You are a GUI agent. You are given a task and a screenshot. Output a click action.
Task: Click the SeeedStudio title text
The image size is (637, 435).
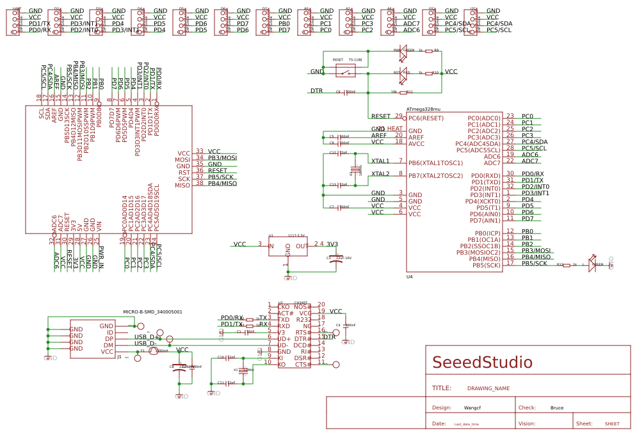[x=482, y=363]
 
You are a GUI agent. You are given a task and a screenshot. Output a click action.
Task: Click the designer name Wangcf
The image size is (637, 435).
[x=473, y=407]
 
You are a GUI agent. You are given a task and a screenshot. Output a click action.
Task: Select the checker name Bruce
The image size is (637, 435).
[x=557, y=407]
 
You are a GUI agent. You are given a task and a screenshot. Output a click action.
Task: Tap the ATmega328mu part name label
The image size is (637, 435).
[x=423, y=109]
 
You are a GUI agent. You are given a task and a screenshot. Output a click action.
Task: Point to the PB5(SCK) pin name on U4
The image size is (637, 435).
[x=485, y=265]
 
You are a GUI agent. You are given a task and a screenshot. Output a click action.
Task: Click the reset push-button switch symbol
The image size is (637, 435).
[x=348, y=71]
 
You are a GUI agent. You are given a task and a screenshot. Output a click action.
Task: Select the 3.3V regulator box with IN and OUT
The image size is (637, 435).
[x=287, y=246]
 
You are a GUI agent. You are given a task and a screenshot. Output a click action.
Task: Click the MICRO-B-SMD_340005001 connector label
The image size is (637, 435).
[x=152, y=312]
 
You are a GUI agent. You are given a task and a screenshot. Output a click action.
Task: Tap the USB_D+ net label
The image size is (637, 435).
[x=147, y=336]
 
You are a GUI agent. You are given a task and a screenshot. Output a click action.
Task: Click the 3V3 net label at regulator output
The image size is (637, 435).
[x=332, y=244]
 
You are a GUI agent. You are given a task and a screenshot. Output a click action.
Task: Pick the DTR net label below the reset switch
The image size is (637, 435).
[x=316, y=91]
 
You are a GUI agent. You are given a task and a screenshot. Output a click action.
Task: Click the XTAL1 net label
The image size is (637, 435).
[x=380, y=161]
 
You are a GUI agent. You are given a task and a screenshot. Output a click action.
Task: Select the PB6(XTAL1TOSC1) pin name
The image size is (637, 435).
[x=435, y=163]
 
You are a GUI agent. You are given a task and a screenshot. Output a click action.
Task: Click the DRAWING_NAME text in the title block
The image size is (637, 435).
[x=488, y=388]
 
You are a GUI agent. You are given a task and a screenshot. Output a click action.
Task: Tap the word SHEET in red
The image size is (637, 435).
[x=612, y=424]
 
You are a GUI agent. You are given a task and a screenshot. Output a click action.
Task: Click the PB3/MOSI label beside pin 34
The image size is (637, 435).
[x=222, y=157]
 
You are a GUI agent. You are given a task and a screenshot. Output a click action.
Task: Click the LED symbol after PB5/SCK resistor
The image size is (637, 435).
[x=592, y=265]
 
